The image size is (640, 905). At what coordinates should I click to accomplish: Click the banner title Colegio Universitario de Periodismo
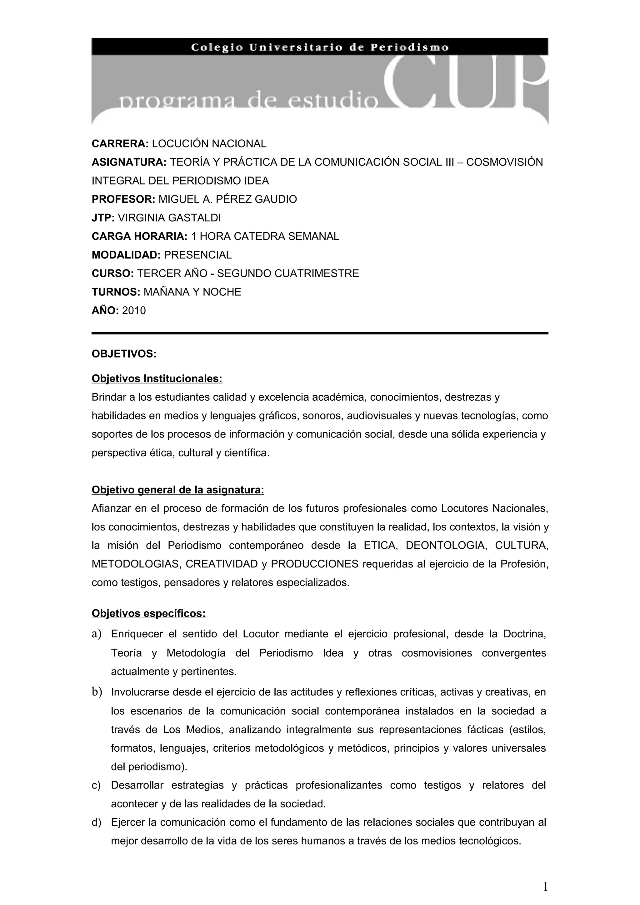[319, 47]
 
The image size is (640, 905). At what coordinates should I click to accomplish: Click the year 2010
[134, 311]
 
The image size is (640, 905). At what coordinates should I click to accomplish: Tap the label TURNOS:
[116, 292]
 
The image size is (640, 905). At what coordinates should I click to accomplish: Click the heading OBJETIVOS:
[124, 354]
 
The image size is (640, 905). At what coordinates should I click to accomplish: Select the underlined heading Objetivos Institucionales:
[157, 379]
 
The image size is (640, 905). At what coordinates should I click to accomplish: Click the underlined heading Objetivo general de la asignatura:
[178, 490]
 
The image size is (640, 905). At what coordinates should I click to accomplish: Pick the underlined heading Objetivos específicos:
[149, 614]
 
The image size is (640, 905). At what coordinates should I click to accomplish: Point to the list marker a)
[97, 634]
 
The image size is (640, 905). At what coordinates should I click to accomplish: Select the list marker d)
[96, 822]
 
